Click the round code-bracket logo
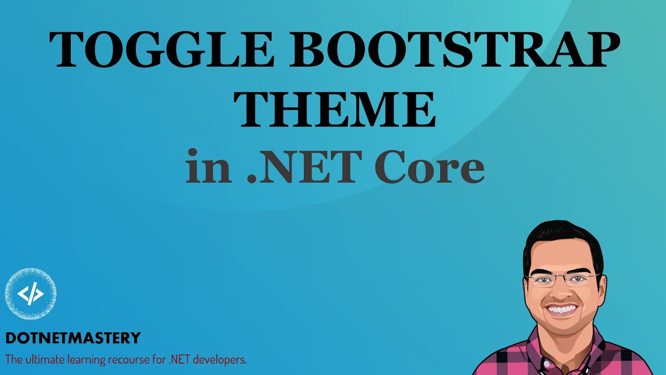31,294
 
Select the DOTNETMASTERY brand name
73,338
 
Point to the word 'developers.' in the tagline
221,359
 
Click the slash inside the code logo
31,295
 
